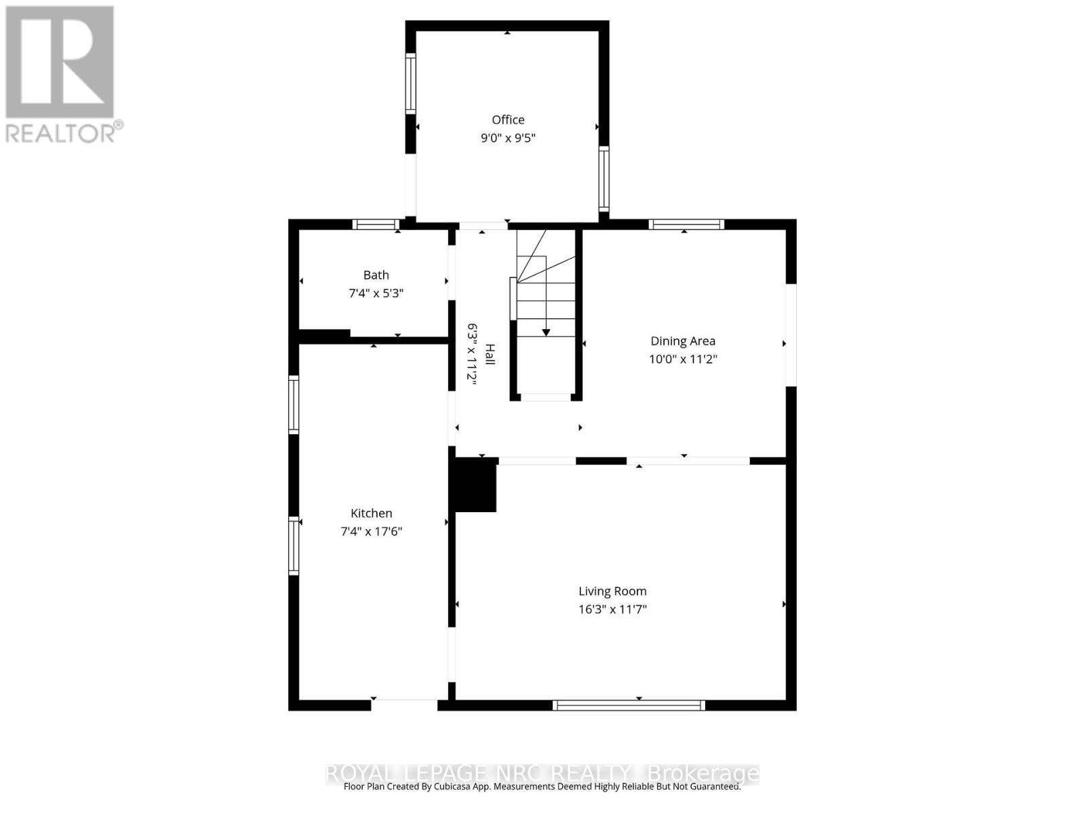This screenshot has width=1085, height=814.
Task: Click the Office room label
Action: point(508,120)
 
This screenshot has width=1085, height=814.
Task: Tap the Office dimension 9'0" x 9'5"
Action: point(508,138)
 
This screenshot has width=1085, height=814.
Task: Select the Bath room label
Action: point(376,275)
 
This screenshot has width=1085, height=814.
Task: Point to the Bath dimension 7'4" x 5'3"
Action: point(376,294)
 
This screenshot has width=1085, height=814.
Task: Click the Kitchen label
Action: point(371,513)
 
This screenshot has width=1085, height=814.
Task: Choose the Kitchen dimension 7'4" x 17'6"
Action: point(371,532)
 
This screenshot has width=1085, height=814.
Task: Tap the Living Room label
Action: point(612,592)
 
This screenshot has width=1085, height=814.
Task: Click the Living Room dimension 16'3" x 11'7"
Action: point(612,610)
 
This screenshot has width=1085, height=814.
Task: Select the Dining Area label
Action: point(683,341)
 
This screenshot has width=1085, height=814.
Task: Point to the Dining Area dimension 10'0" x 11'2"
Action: point(683,360)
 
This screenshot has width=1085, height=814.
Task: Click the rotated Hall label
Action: point(490,354)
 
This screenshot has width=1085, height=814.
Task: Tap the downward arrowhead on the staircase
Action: point(546,332)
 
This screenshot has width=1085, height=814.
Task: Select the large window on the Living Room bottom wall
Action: point(629,705)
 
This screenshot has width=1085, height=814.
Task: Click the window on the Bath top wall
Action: point(376,225)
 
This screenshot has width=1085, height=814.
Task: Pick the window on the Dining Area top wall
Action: point(686,225)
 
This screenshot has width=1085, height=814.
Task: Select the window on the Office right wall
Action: point(604,178)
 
